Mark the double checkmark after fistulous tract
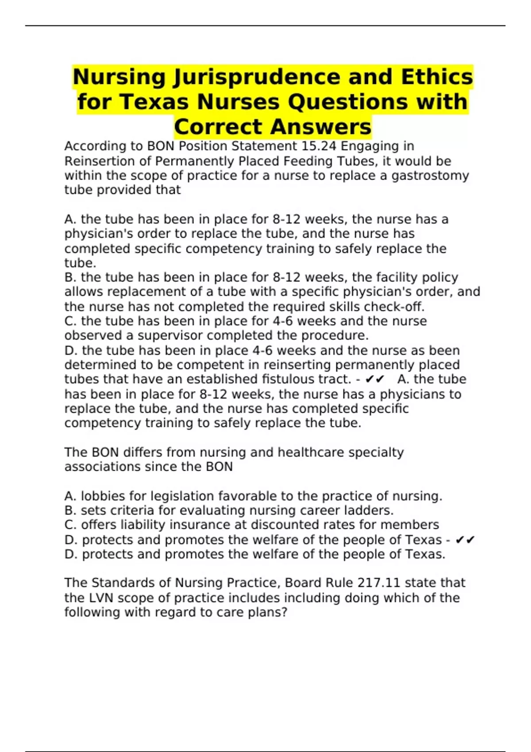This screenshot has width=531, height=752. click(x=375, y=380)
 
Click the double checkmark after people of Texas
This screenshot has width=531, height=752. click(x=465, y=540)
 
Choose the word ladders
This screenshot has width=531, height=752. click(x=371, y=510)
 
